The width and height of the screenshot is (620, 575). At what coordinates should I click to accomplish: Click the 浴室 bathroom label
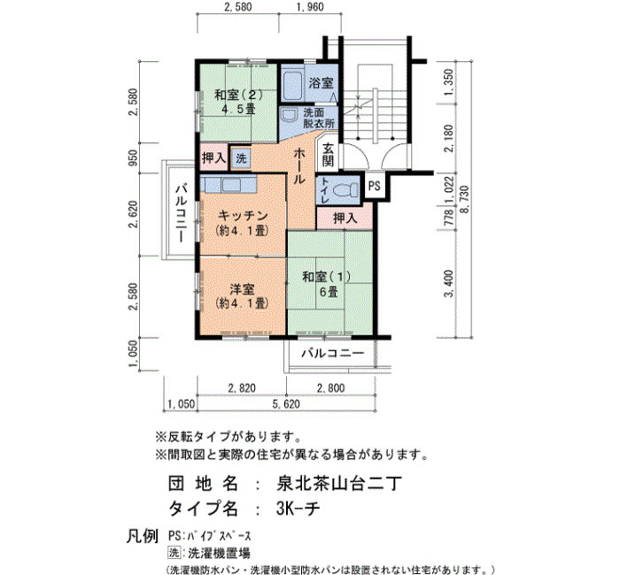(x=321, y=83)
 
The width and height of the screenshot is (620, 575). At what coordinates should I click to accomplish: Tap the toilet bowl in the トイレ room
(x=343, y=191)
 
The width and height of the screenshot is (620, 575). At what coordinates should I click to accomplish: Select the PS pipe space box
(x=374, y=185)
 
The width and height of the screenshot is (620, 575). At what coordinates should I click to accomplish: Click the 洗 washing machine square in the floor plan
(x=241, y=158)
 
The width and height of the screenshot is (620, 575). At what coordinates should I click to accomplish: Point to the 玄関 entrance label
(x=329, y=155)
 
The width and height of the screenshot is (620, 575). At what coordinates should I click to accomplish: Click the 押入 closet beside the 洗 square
(x=214, y=158)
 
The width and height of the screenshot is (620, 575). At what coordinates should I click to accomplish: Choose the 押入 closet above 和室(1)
(x=345, y=218)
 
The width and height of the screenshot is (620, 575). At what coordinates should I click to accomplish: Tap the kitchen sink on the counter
(x=233, y=185)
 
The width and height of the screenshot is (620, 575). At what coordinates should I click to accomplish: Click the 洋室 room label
(x=242, y=289)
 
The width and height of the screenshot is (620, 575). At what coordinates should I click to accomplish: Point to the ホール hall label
(x=298, y=166)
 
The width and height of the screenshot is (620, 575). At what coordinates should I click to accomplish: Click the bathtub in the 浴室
(x=293, y=85)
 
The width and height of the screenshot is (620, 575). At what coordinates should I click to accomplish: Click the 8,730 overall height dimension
(x=465, y=199)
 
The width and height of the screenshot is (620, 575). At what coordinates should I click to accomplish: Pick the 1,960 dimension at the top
(x=310, y=7)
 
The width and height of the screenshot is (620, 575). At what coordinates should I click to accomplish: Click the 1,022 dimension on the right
(x=448, y=190)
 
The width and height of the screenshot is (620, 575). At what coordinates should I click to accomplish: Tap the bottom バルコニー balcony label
(x=332, y=353)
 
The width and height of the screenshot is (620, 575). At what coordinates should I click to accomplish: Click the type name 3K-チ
(x=298, y=509)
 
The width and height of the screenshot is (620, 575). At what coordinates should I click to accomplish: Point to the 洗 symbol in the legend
(x=174, y=552)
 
